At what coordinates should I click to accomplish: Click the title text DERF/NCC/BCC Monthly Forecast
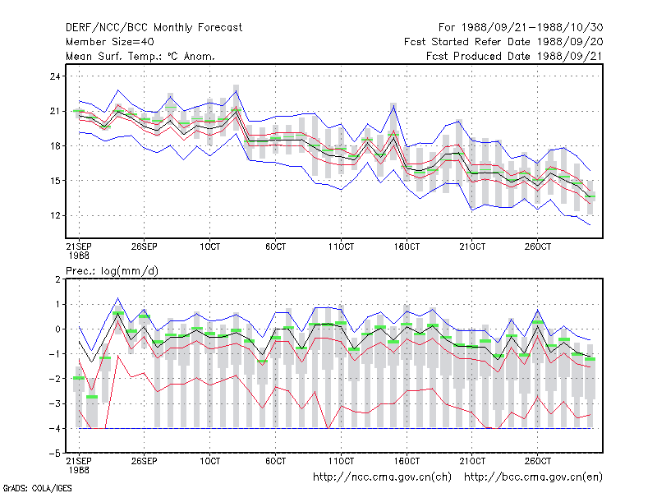(154, 28)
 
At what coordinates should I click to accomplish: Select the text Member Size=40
(110, 42)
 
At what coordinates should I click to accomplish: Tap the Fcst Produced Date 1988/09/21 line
(515, 56)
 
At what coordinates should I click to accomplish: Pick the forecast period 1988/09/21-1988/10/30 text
(521, 28)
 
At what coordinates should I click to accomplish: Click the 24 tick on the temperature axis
(55, 76)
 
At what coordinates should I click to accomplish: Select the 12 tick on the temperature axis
(55, 215)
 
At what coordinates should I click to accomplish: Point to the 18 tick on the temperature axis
(55, 146)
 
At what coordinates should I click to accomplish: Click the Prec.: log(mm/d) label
(112, 271)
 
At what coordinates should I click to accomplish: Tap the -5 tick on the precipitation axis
(54, 454)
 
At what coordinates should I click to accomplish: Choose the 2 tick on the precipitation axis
(57, 279)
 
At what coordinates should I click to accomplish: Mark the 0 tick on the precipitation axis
(57, 329)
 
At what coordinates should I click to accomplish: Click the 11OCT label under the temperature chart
(341, 247)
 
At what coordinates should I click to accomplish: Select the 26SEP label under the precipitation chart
(145, 461)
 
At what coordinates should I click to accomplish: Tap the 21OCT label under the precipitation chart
(472, 461)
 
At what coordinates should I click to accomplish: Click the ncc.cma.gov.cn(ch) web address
(382, 477)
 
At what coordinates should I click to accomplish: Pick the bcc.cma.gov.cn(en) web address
(533, 477)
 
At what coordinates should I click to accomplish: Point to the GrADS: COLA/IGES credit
(37, 488)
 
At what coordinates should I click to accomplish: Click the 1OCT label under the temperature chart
(210, 247)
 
